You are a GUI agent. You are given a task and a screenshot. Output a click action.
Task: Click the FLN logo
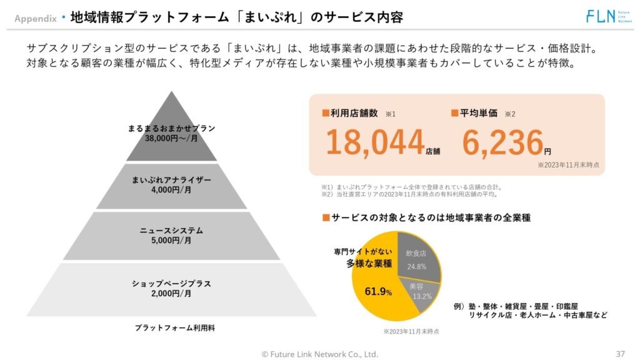pos(606,16)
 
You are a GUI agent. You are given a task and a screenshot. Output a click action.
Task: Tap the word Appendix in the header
pos(36,18)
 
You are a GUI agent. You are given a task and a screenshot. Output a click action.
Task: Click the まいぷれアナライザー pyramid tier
pos(171,185)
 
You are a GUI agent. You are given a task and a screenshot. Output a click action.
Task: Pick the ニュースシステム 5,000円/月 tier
pos(171,236)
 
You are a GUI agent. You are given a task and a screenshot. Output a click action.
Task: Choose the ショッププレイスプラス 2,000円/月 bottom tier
pos(171,288)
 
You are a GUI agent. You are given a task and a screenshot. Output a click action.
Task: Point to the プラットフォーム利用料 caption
pos(175,327)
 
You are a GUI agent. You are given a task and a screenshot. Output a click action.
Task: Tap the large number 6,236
pos(502,142)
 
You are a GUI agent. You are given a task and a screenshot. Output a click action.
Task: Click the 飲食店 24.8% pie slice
pos(419,256)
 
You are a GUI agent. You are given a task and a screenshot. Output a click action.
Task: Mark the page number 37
pos(621,353)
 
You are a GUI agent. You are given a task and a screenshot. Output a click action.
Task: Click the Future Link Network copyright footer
pos(319,354)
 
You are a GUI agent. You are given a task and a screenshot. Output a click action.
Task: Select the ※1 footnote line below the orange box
pos(412,186)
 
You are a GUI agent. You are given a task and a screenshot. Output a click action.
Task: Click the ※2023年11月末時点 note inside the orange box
pos(568,165)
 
